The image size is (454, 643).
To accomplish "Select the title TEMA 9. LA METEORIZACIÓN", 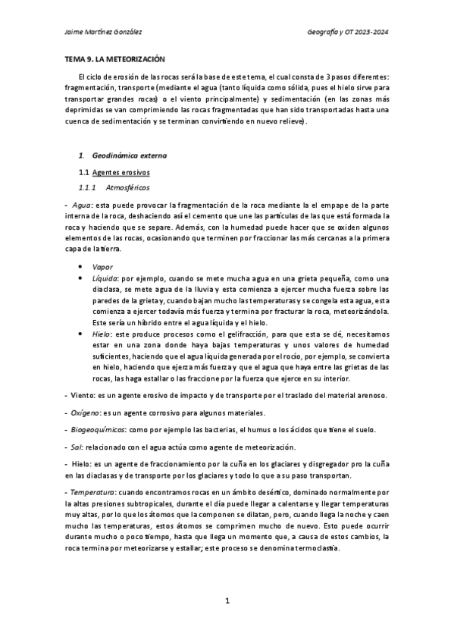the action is coord(114,59).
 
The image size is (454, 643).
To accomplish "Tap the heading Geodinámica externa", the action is coord(129,155).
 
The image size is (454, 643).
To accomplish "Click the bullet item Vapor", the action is coord(102,267).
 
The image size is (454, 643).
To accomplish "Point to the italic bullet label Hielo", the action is coord(99,333).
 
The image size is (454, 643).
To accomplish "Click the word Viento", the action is coord(81,395).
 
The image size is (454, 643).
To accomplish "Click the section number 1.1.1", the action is coord(88,187).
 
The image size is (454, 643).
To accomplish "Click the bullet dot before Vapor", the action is coord(81,267).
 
